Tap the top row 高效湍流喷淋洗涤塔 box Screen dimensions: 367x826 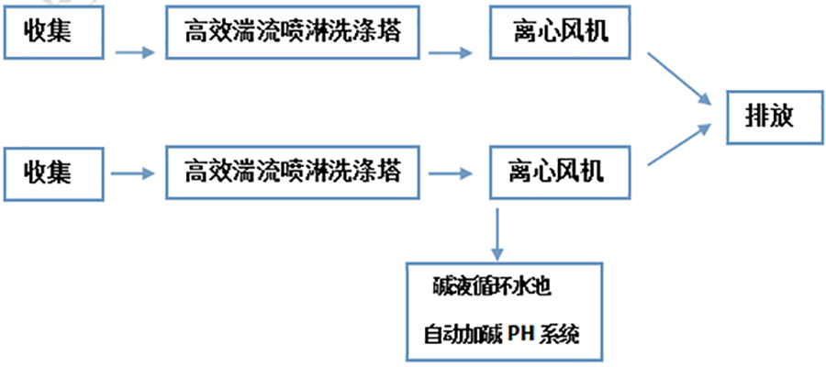point(292,36)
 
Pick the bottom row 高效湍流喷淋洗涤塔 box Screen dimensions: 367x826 point(292,171)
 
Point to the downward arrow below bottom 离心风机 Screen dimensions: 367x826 point(497,233)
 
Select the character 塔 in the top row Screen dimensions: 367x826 point(389,36)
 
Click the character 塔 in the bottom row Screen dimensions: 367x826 point(389,171)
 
